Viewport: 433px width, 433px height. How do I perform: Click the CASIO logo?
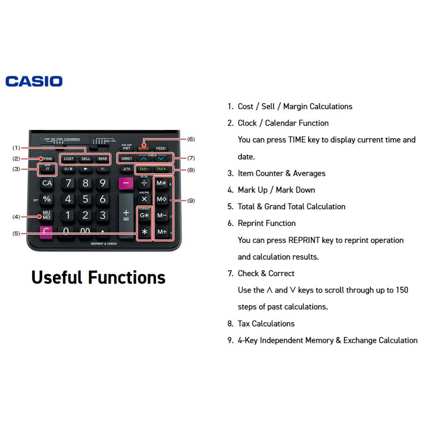34,81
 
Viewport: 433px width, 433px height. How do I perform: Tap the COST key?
69,159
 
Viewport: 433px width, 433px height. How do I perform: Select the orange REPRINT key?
144,148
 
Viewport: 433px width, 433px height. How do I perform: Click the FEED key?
161,148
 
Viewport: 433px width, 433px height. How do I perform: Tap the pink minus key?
126,183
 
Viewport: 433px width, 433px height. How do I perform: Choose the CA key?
47,183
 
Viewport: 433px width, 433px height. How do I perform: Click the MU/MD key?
47,215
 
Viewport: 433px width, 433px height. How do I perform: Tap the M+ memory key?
162,232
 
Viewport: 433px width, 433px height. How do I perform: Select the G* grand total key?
145,215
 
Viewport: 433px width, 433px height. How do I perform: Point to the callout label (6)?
191,139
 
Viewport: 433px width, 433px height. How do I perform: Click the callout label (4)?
16,216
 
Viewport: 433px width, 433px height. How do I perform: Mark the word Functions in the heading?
126,277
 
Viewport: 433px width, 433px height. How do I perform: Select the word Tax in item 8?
244,323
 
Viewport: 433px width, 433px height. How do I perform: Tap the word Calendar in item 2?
280,123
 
